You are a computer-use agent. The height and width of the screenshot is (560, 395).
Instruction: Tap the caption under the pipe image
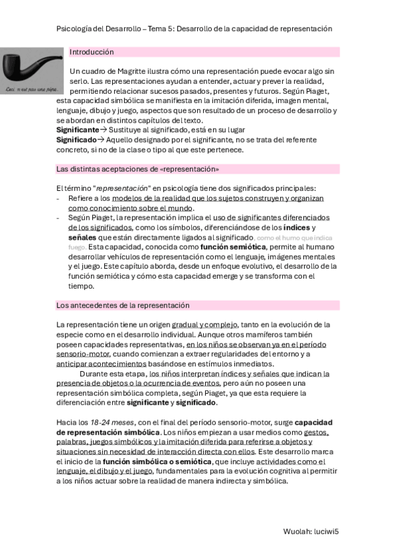tap(31, 90)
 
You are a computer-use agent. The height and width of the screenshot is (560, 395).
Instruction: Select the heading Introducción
tap(92, 52)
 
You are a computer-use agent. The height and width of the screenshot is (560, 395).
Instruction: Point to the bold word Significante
tap(76, 131)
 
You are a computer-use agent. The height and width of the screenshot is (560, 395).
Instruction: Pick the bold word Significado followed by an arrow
tap(76, 140)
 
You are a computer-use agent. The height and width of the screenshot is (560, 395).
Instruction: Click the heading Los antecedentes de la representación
tap(123, 306)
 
